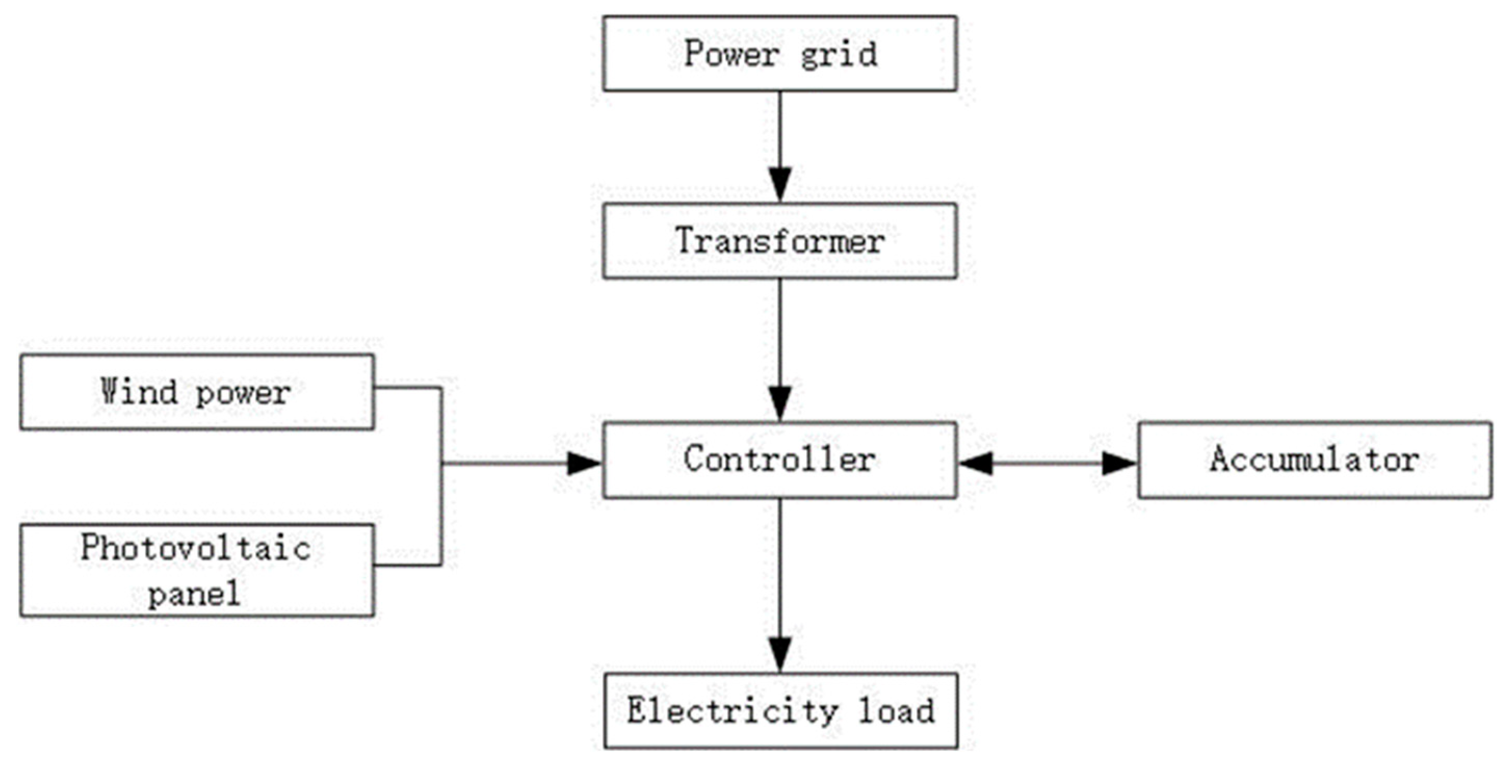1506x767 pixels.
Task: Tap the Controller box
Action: (780, 460)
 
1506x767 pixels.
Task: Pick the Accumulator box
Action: (1314, 460)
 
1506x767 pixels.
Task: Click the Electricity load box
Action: (780, 711)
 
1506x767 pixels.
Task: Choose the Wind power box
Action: (197, 392)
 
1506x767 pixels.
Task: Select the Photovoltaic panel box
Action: (197, 570)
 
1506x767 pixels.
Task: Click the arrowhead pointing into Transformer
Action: (780, 184)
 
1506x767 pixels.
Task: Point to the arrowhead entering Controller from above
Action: (780, 404)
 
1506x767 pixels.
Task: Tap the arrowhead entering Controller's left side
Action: (585, 464)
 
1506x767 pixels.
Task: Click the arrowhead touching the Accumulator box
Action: (1118, 464)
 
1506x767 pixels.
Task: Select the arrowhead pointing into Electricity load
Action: (780, 654)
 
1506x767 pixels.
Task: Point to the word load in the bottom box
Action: (896, 711)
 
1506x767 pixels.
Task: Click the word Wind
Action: (139, 391)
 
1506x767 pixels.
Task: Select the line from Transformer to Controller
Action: (780, 333)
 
